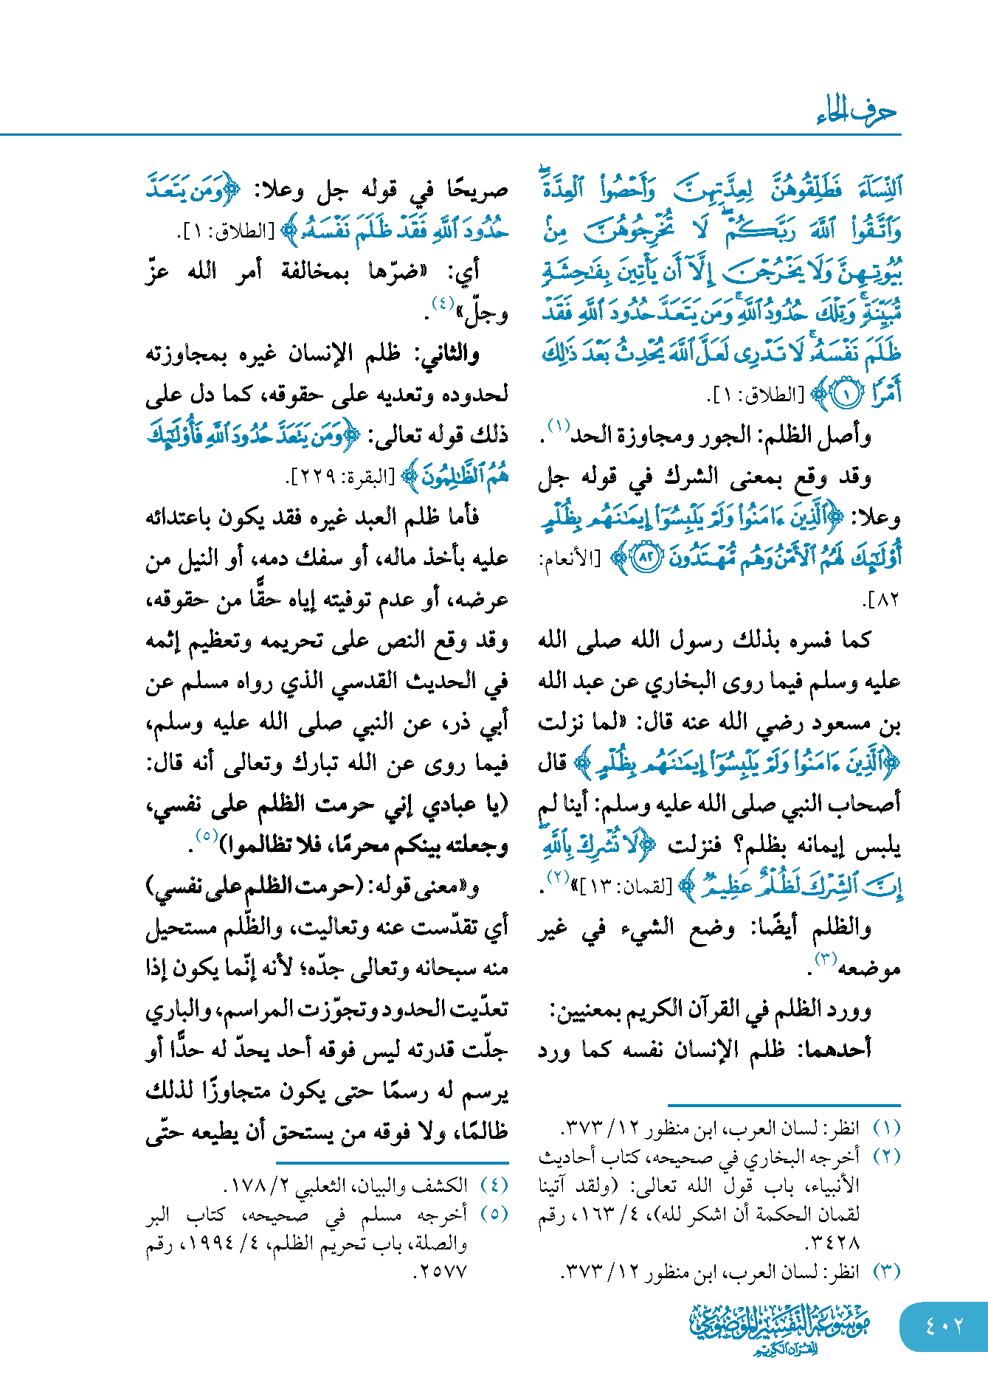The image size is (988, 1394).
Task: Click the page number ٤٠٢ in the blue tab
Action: [x=944, y=1325]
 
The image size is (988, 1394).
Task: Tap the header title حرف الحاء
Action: [x=856, y=112]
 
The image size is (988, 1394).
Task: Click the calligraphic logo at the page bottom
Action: [x=780, y=1328]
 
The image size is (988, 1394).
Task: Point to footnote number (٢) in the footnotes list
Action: [x=886, y=1157]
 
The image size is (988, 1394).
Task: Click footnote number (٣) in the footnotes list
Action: [x=886, y=1272]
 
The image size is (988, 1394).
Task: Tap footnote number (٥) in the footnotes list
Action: [x=494, y=1214]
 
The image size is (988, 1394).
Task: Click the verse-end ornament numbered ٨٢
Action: [x=647, y=558]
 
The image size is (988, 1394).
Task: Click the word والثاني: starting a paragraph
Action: [x=449, y=355]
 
